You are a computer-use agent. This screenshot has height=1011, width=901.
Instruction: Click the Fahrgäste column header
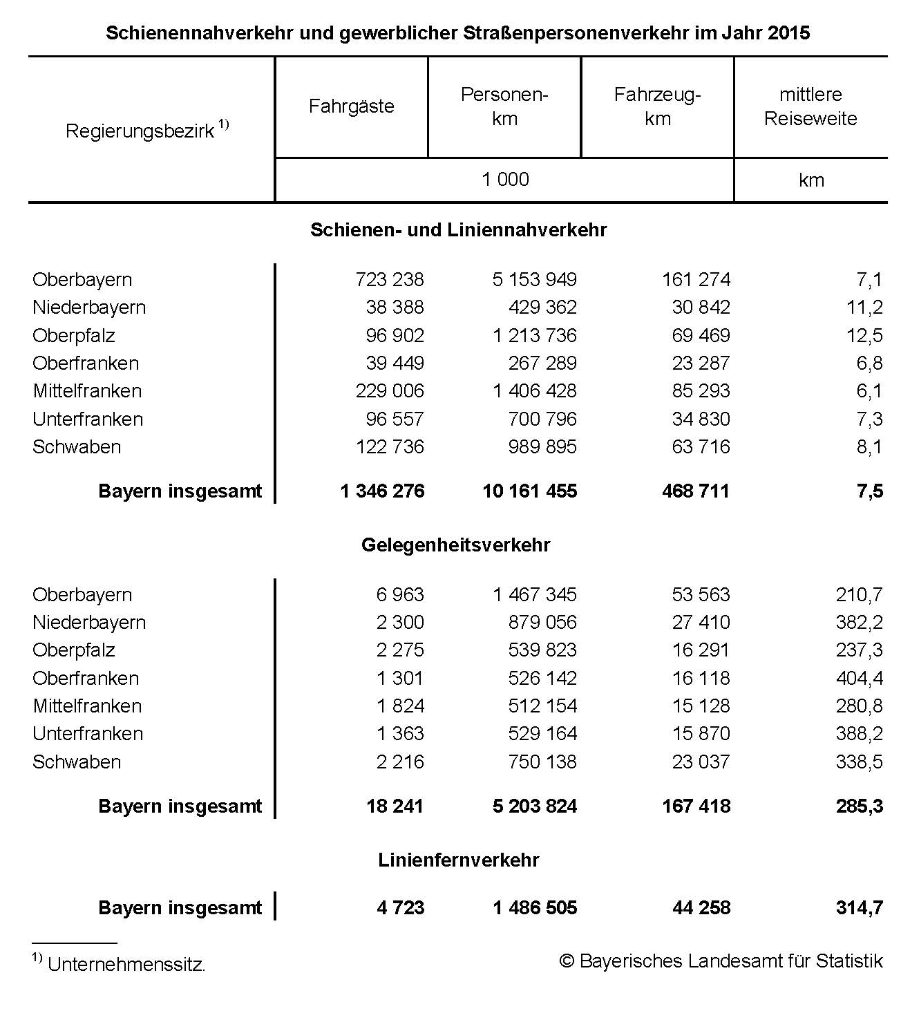pyautogui.click(x=351, y=106)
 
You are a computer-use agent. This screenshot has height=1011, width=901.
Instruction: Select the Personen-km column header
pyautogui.click(x=504, y=106)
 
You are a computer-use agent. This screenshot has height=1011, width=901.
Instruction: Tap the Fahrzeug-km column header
pyautogui.click(x=657, y=106)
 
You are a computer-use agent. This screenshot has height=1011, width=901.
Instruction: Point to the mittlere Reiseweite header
pyautogui.click(x=810, y=106)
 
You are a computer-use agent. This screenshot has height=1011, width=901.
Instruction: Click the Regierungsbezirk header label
pyautogui.click(x=140, y=131)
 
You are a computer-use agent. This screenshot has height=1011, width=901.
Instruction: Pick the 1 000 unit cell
pyautogui.click(x=505, y=180)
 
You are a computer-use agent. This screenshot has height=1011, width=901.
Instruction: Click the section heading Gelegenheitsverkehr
pyautogui.click(x=456, y=545)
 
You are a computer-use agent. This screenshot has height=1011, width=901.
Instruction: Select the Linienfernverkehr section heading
pyautogui.click(x=459, y=860)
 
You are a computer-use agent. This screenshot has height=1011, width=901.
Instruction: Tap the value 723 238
pyautogui.click(x=390, y=280)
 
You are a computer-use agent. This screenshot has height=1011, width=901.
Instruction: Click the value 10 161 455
pyautogui.click(x=529, y=491)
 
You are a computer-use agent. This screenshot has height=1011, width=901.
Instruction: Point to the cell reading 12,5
pyautogui.click(x=864, y=336)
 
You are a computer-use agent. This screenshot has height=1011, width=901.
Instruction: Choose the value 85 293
pyautogui.click(x=701, y=391)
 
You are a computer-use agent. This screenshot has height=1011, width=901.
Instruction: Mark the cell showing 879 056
pyautogui.click(x=542, y=623)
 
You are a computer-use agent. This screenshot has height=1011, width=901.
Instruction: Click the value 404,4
pyautogui.click(x=859, y=679)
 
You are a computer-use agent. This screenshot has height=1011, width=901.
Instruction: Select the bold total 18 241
pyautogui.click(x=395, y=806)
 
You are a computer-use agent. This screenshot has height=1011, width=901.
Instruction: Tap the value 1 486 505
pyautogui.click(x=535, y=908)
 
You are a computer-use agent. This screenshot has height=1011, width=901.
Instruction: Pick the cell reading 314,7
pyautogui.click(x=859, y=908)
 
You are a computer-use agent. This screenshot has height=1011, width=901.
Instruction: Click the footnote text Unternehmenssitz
pyautogui.click(x=126, y=965)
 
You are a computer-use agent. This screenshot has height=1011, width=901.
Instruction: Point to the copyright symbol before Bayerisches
pyautogui.click(x=567, y=961)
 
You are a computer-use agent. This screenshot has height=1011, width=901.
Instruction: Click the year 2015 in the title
pyautogui.click(x=788, y=33)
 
